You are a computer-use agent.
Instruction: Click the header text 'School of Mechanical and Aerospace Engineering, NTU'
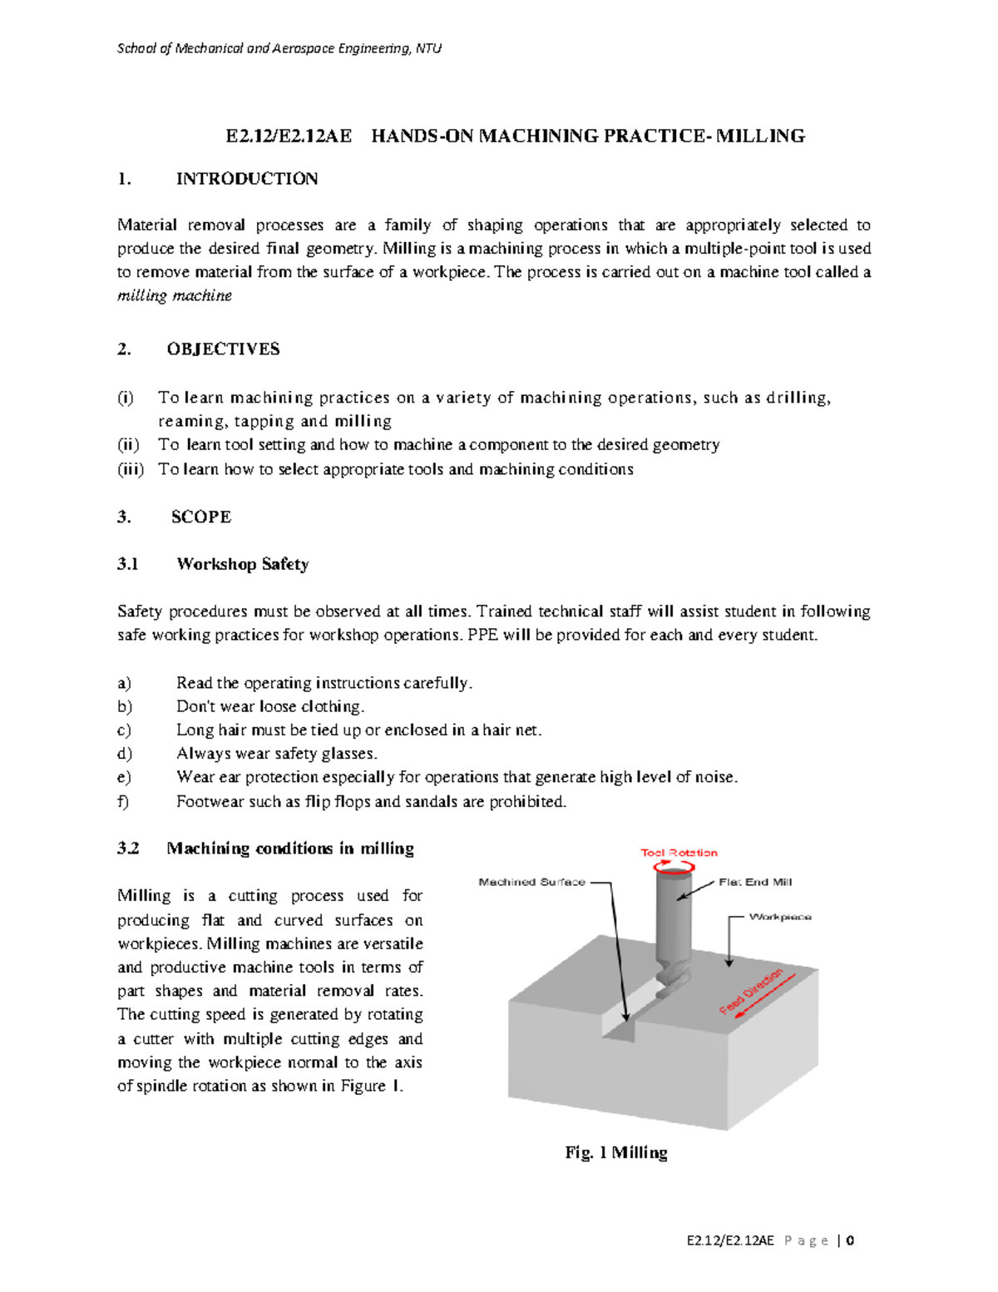(x=279, y=48)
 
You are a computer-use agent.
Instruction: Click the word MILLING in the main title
(x=760, y=136)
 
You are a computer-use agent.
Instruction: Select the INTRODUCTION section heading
(x=246, y=179)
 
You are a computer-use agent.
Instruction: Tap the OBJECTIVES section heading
(x=223, y=349)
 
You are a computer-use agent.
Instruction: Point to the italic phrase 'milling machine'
(x=174, y=296)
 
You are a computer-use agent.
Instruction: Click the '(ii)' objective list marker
(x=128, y=445)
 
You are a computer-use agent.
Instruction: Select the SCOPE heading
(x=201, y=517)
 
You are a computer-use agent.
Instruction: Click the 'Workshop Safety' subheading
(x=242, y=565)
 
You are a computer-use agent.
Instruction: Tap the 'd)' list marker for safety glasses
(x=125, y=755)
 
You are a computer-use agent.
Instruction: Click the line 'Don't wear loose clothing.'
(x=270, y=707)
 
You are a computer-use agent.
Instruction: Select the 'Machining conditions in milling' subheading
(x=289, y=849)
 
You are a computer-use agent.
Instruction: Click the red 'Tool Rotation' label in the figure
(x=679, y=853)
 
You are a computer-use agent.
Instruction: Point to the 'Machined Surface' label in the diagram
(x=531, y=883)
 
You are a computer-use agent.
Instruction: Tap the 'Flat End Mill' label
(x=755, y=883)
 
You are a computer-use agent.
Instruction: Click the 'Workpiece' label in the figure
(x=780, y=918)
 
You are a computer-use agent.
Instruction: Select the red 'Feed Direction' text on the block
(x=752, y=991)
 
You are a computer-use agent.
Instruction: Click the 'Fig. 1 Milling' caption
(x=616, y=1153)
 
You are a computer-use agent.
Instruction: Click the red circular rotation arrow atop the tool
(x=674, y=867)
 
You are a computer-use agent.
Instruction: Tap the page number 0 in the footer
(x=849, y=1241)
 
